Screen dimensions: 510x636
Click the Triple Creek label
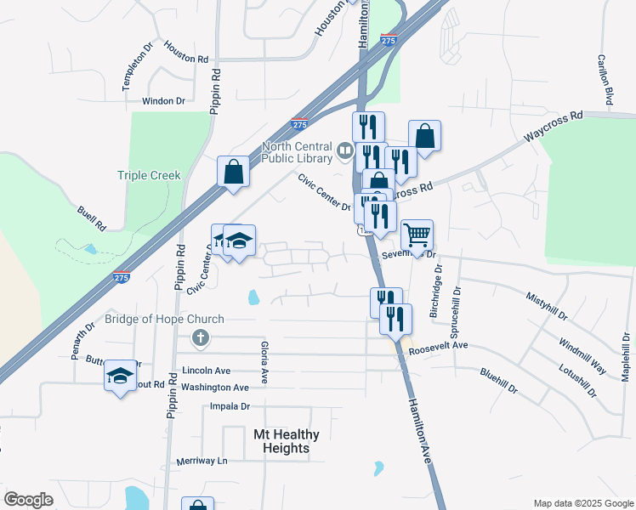(149, 175)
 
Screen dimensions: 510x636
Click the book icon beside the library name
(344, 151)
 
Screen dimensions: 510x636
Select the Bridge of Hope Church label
(164, 320)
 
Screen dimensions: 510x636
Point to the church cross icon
(200, 339)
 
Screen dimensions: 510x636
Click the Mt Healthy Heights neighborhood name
(287, 441)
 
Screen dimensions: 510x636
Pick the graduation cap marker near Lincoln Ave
(120, 375)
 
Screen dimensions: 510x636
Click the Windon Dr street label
(163, 101)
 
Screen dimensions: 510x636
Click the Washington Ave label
(215, 388)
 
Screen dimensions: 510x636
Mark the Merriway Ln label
(202, 461)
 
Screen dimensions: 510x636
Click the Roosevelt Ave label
(438, 347)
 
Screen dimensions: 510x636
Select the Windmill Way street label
(582, 356)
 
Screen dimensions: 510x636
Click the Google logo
(29, 500)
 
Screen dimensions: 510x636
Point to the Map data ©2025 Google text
(582, 503)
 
